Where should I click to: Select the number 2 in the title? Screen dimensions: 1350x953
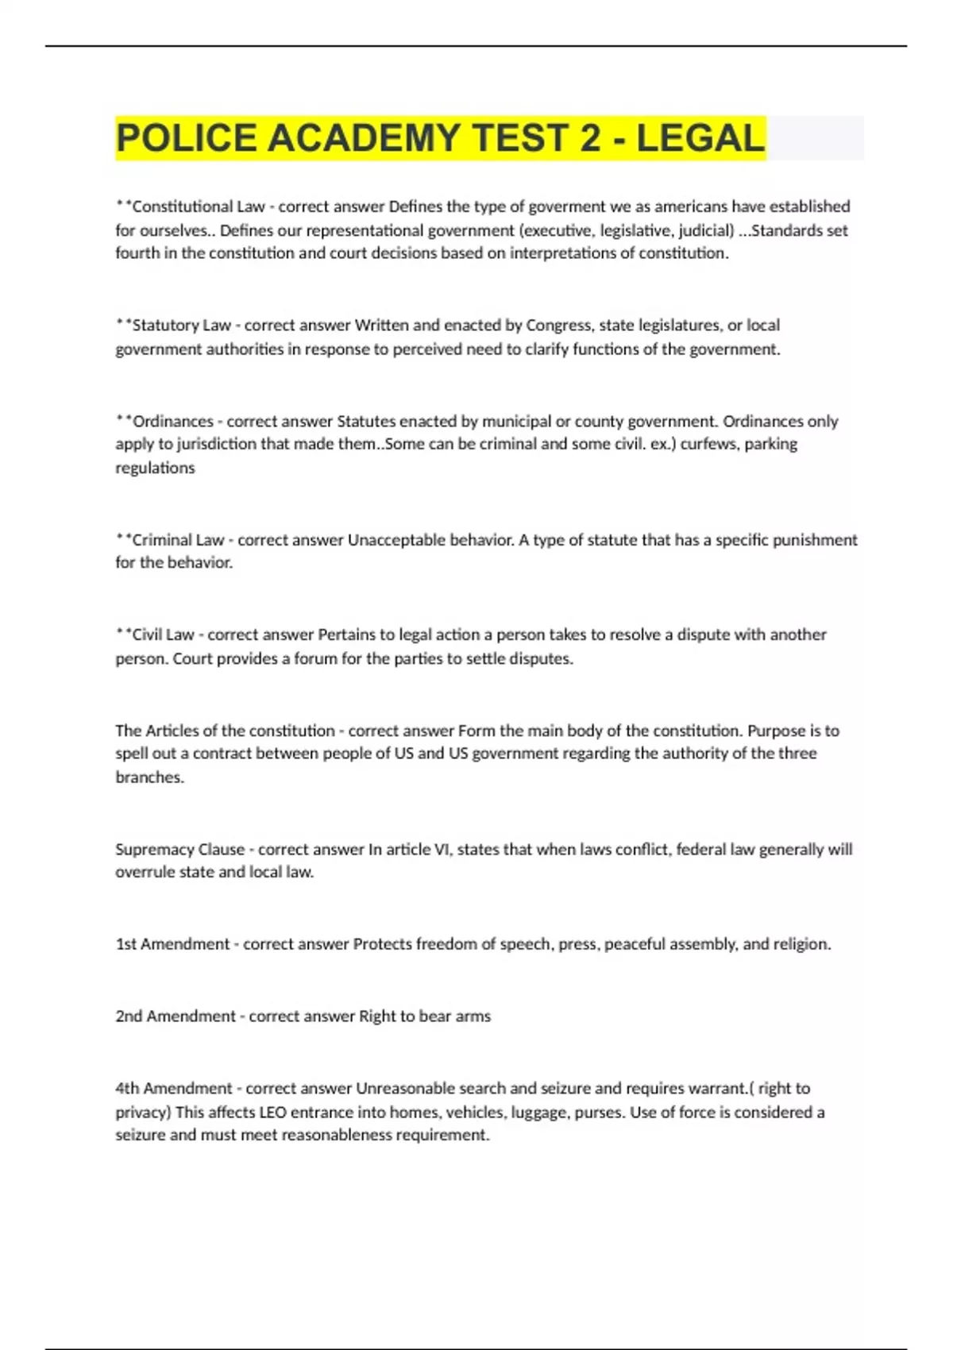[x=590, y=138]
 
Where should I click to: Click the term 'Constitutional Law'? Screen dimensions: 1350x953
[x=198, y=206]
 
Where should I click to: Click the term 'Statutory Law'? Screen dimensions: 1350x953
[x=181, y=325]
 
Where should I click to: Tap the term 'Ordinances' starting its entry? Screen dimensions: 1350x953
[x=172, y=421]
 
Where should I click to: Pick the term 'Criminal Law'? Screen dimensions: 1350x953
[x=178, y=540]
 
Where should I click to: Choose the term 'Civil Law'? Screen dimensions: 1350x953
[x=163, y=634]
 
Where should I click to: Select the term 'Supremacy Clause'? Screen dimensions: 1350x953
[x=180, y=849]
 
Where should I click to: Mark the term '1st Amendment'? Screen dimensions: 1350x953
[x=172, y=944]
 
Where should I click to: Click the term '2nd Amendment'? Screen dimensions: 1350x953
[x=176, y=1016]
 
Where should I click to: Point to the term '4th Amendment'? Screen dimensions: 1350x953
[x=174, y=1088]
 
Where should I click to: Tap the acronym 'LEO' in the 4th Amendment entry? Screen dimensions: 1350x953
[x=272, y=1112]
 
